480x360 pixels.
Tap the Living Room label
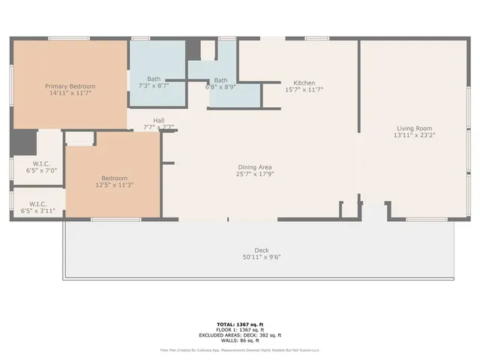[x=415, y=128]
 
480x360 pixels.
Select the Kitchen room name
[x=304, y=82]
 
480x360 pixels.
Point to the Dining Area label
[x=255, y=166]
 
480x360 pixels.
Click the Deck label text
[x=261, y=250]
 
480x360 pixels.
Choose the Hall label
[x=159, y=120]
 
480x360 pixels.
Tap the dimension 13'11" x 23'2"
[x=415, y=136]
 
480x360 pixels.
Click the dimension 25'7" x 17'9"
[x=255, y=174]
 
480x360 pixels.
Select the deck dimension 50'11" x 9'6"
[x=261, y=257]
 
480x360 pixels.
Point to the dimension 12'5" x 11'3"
[x=114, y=184]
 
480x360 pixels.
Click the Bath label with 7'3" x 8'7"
[x=154, y=79]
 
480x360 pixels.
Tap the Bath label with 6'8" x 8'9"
[x=220, y=80]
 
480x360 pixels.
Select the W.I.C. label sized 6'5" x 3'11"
[x=38, y=204]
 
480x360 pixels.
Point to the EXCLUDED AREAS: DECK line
[x=240, y=334]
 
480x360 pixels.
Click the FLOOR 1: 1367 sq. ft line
[x=240, y=330]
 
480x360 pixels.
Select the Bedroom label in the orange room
[x=114, y=178]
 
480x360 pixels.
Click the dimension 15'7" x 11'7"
[x=304, y=90]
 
